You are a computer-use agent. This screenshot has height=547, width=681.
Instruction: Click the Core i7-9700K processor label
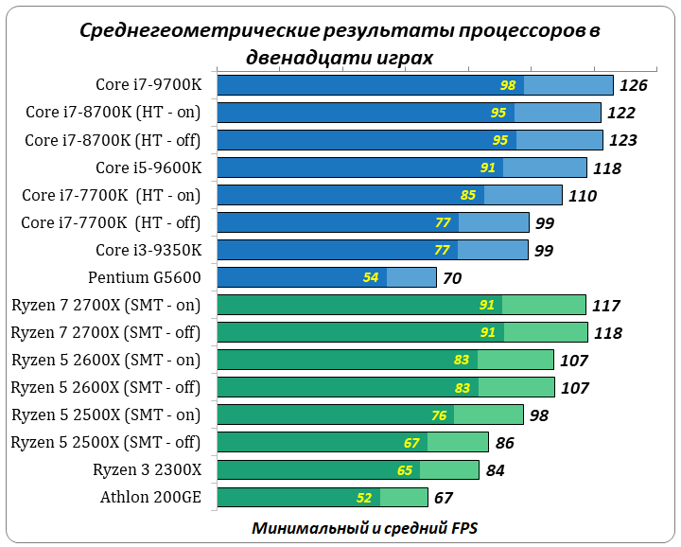(x=148, y=85)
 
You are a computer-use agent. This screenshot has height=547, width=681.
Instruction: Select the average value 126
(x=634, y=86)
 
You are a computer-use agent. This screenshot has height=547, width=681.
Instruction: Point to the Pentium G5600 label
(x=145, y=278)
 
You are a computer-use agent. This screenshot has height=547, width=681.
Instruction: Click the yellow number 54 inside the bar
(x=371, y=278)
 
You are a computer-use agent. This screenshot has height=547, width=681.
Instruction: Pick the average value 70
(x=452, y=278)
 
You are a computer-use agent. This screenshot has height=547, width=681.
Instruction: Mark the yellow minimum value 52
(x=364, y=498)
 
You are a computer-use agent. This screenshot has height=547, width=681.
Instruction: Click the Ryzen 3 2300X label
(x=147, y=470)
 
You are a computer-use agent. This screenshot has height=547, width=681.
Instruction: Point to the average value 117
(x=605, y=306)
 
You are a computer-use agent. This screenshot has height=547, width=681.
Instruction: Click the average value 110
(x=583, y=196)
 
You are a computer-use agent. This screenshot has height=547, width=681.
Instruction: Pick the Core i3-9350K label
(x=148, y=251)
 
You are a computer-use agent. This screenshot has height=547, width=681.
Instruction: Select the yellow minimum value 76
(x=438, y=415)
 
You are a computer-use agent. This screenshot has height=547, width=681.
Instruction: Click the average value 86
(x=504, y=443)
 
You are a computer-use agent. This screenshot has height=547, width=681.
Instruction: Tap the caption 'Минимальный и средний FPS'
(x=369, y=527)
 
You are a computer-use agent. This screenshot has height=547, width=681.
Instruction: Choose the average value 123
(x=622, y=141)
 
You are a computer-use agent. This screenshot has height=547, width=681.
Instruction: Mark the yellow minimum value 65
(x=405, y=470)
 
